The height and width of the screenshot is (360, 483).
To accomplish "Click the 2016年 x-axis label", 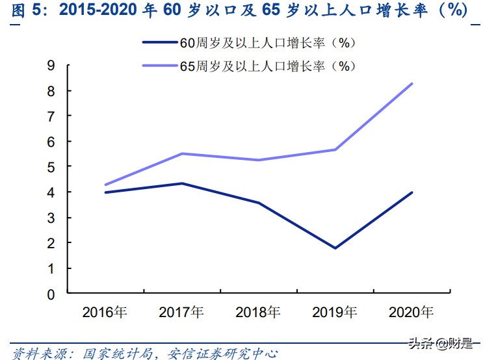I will pos(105,312).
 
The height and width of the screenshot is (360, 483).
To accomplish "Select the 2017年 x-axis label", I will pos(181,312).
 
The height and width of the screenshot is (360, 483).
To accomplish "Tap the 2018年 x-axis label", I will pos(258,312).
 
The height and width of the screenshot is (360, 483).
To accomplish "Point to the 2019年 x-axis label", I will pos(335,312).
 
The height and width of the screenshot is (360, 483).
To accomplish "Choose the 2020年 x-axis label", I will pos(411,312).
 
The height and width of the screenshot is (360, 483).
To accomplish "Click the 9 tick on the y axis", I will pos(51,65).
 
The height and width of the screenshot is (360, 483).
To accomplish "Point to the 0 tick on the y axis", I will pos(51,294).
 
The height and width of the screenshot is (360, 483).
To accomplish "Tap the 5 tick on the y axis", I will pos(51,166).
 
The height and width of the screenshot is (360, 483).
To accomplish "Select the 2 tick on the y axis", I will pos(51,243).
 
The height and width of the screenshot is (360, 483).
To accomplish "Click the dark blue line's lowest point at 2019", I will pos(335,248).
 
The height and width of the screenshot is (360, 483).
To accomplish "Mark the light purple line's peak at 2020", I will pos(412,83).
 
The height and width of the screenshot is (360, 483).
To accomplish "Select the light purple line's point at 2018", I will pos(259,160).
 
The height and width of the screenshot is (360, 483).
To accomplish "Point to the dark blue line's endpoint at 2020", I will pos(412,192).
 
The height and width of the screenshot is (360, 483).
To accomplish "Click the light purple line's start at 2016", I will pos(105,185).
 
